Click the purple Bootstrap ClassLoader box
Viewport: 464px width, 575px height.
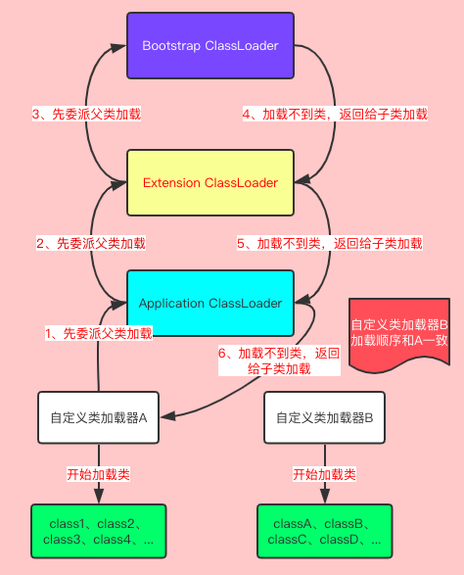click(x=210, y=46)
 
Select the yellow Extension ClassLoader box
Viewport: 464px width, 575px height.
click(x=210, y=183)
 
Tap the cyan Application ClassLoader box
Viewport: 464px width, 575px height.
click(x=210, y=304)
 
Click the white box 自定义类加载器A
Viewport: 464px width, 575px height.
click(x=98, y=417)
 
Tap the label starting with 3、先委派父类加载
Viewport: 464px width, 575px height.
click(x=87, y=115)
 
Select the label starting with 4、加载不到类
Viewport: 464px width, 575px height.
click(x=335, y=115)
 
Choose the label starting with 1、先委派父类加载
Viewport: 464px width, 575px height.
click(x=99, y=333)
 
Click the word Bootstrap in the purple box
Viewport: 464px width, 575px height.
click(x=171, y=46)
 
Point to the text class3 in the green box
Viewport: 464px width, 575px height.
click(x=65, y=540)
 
